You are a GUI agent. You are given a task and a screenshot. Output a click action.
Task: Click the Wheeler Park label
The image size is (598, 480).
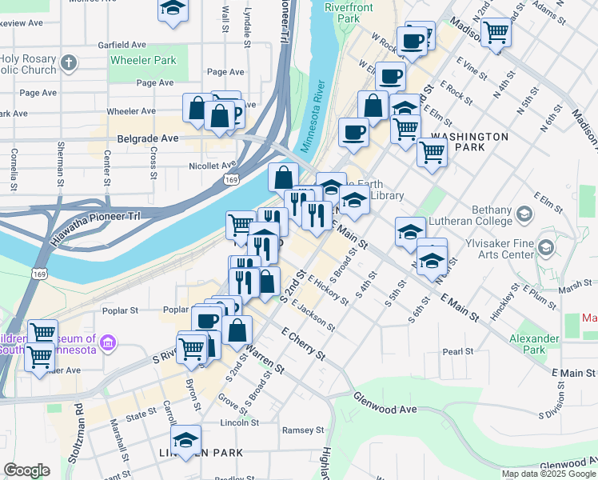pyautogui.click(x=143, y=60)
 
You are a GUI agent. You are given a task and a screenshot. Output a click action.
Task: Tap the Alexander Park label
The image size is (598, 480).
pyautogui.click(x=534, y=344)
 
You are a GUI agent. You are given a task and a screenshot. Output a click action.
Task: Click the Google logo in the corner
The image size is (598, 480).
pyautogui.click(x=26, y=470)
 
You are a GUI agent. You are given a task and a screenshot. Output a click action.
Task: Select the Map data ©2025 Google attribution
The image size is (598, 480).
pyautogui.click(x=548, y=473)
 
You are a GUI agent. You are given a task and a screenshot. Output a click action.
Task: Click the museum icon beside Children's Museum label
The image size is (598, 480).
pyautogui.click(x=109, y=344)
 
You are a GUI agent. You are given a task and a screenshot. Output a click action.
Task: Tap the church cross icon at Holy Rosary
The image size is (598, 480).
pyautogui.click(x=70, y=62)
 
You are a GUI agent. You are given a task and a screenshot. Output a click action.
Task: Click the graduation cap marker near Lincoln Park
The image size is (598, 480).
pyautogui.click(x=185, y=440)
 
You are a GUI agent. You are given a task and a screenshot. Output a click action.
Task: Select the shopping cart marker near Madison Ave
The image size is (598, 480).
pyautogui.click(x=496, y=33)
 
